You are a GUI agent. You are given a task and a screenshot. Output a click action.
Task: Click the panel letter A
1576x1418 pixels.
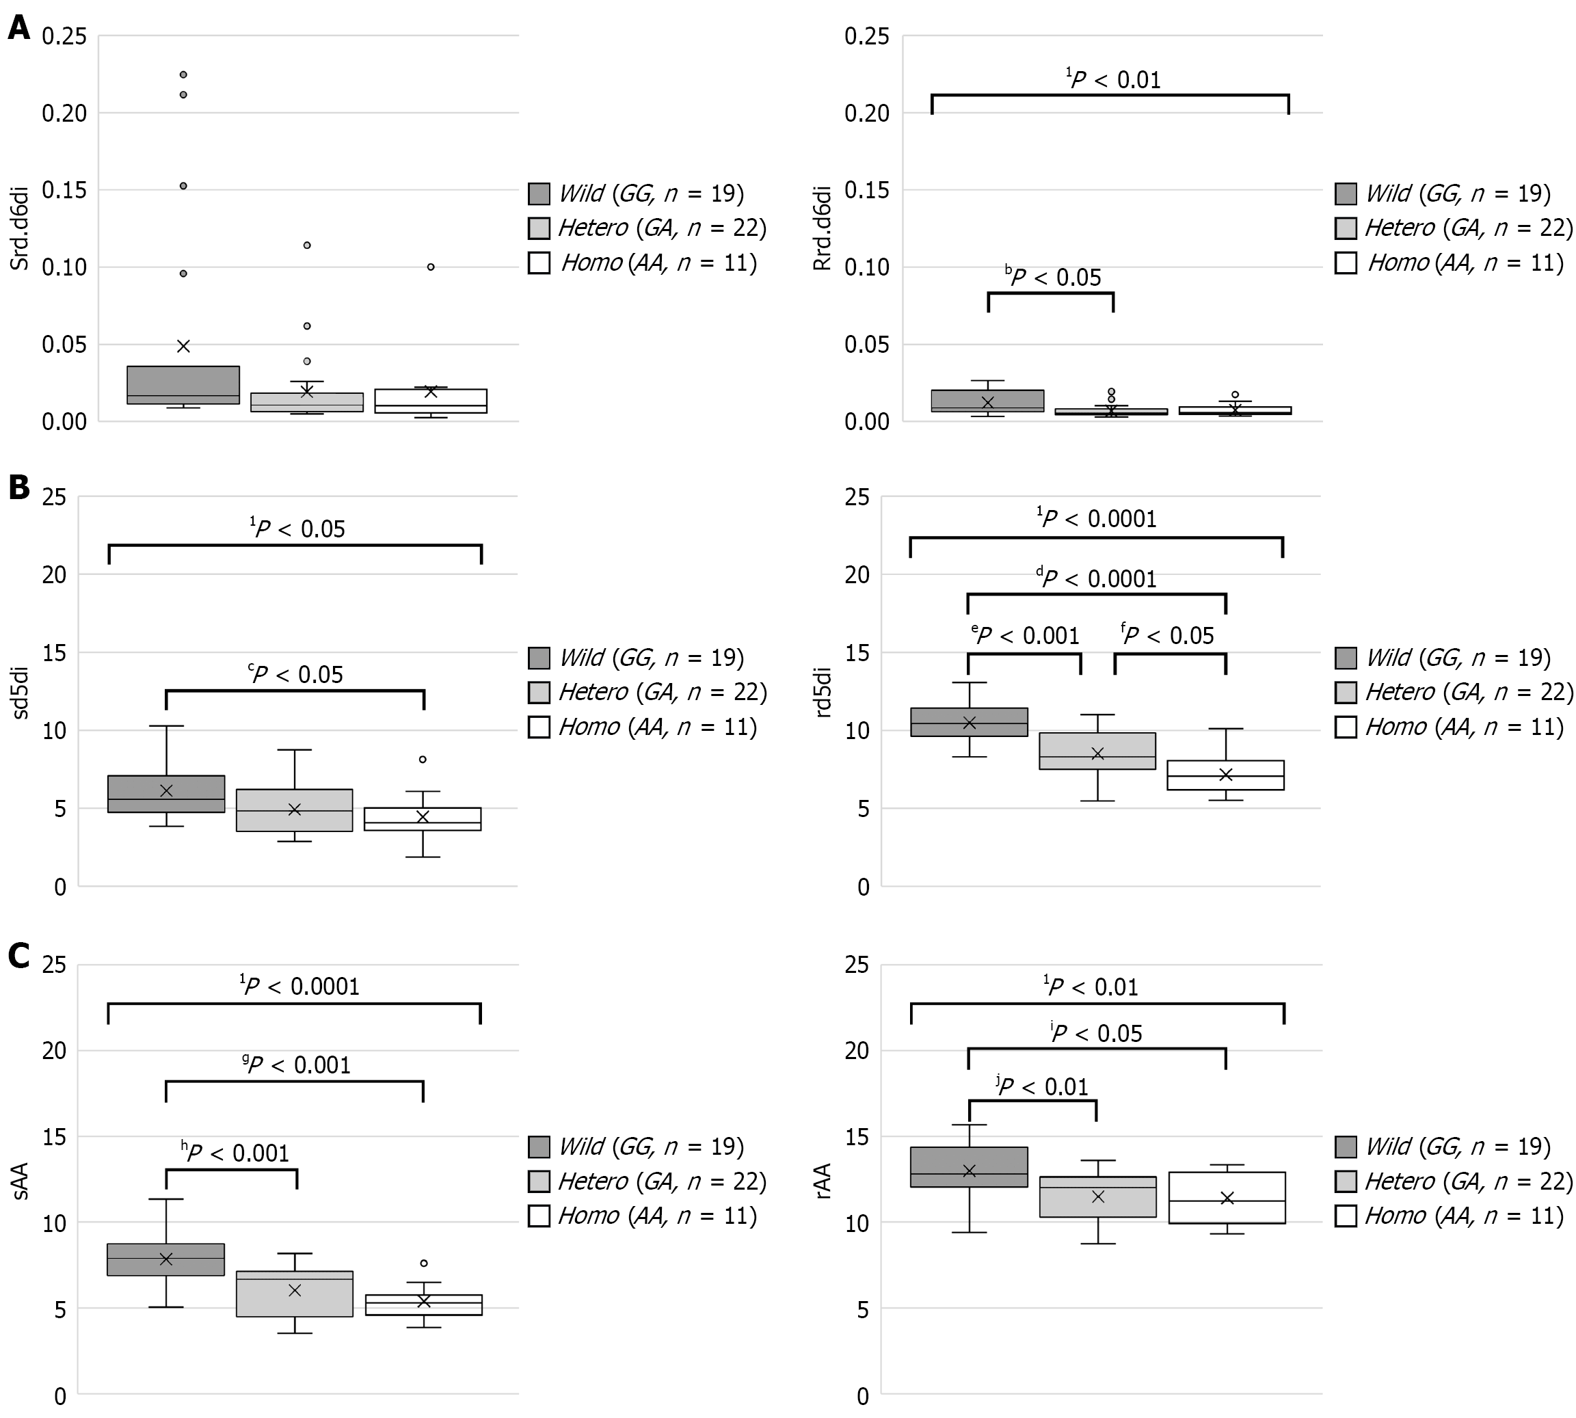[x=18, y=28]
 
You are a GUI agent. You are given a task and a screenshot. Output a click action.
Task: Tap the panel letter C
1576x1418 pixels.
[x=18, y=955]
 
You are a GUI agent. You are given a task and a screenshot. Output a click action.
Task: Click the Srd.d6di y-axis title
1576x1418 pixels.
[x=19, y=228]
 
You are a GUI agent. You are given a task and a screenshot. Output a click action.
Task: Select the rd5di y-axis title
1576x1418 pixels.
[x=823, y=691]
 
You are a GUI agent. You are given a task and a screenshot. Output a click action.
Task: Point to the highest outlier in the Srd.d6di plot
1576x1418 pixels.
[x=183, y=75]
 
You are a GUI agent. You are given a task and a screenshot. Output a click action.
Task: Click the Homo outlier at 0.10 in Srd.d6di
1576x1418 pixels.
[x=431, y=267]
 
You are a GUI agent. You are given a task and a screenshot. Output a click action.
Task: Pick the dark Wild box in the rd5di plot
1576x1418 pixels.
[x=969, y=721]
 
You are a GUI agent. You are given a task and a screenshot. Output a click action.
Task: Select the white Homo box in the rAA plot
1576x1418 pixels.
[x=1227, y=1198]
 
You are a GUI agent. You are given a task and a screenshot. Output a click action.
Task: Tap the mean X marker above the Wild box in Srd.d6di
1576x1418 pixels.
[x=183, y=346]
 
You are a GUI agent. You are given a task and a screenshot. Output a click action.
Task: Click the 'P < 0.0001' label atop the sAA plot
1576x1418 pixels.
[x=300, y=987]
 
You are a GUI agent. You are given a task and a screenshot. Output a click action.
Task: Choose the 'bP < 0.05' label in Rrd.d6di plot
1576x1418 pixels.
[x=1053, y=278]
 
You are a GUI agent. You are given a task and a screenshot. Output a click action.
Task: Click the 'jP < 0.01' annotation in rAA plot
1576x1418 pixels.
[x=1043, y=1086]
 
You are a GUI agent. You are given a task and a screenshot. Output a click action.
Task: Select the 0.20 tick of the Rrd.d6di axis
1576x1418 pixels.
[x=866, y=113]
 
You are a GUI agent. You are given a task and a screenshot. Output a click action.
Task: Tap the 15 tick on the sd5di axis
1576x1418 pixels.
[x=55, y=653]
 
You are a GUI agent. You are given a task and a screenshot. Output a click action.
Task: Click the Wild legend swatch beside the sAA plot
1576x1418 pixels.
[x=539, y=1147]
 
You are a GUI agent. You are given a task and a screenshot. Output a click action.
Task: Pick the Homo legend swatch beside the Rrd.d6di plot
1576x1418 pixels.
[x=1346, y=263]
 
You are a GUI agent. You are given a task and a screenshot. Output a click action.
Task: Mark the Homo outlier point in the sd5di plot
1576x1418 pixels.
[x=423, y=759]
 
